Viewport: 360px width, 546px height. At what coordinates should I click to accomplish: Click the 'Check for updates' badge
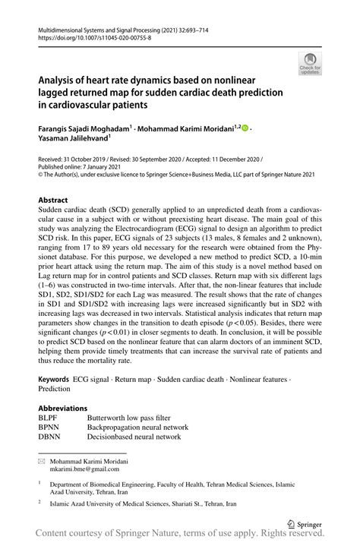pyautogui.click(x=309, y=64)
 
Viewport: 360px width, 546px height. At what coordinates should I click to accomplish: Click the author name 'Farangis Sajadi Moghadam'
pyautogui.click(x=87, y=130)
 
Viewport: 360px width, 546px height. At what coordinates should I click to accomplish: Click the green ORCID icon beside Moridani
pyautogui.click(x=245, y=130)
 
